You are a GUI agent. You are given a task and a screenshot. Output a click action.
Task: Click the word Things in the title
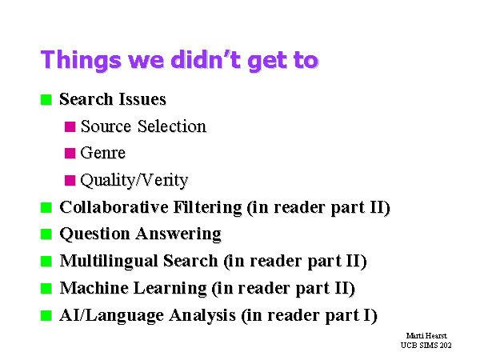tap(81, 60)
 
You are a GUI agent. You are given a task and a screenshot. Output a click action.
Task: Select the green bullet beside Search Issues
tap(46, 99)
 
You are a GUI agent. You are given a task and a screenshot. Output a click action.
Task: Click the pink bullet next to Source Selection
tap(70, 126)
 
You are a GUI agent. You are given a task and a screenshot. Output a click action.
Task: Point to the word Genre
tap(103, 153)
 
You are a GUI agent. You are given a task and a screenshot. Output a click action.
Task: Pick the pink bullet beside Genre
tap(70, 153)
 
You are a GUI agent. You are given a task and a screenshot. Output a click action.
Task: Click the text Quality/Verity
tap(134, 180)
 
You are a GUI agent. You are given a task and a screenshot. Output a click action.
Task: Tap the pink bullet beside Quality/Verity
tap(70, 180)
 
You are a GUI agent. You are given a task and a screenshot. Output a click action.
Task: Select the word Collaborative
tap(114, 207)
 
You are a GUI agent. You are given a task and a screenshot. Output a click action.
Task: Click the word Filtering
tap(208, 207)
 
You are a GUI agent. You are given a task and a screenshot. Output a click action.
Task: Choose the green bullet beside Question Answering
tap(46, 234)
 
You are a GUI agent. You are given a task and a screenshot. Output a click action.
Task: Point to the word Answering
tap(178, 234)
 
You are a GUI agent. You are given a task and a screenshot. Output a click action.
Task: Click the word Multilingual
tap(109, 261)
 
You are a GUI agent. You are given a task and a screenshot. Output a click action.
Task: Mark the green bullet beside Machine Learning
tap(46, 288)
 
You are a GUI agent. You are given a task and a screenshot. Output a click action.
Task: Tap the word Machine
tap(94, 288)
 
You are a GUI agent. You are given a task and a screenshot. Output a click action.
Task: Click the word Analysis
tap(202, 316)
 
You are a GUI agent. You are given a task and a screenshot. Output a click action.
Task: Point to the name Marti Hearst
tap(426, 336)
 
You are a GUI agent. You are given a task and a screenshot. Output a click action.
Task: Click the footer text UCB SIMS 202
tap(426, 346)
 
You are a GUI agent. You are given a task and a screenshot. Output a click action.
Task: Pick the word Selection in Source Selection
tap(172, 126)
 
